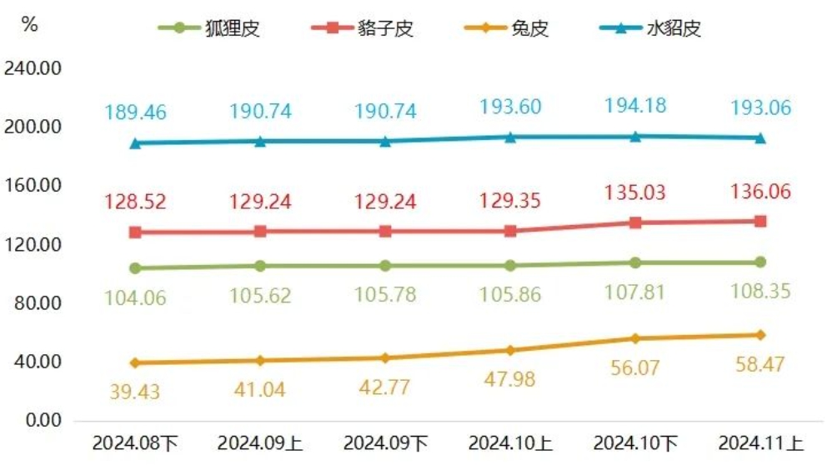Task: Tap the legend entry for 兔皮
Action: (x=508, y=28)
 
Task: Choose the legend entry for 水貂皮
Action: (x=651, y=28)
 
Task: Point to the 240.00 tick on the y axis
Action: (x=33, y=69)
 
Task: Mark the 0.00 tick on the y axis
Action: (x=41, y=420)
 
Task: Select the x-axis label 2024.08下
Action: (x=134, y=442)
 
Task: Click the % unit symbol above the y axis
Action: (x=29, y=24)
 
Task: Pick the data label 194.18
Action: (x=635, y=107)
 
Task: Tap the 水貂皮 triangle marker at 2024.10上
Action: (x=510, y=137)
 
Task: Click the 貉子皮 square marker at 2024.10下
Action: (x=635, y=222)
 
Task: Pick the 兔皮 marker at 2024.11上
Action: (x=760, y=335)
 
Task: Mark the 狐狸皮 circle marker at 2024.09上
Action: (x=260, y=266)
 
